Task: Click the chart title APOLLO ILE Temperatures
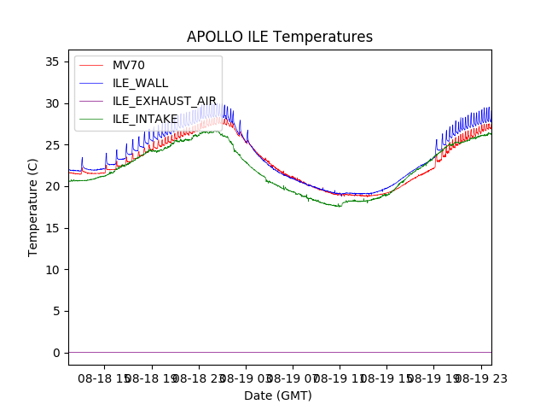(x=280, y=38)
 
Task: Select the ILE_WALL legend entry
(x=140, y=83)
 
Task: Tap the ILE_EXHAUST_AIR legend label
(x=165, y=101)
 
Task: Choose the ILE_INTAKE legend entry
(x=145, y=119)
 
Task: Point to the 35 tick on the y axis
(x=51, y=61)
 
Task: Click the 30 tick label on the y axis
(x=51, y=103)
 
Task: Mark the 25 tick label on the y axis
(x=51, y=145)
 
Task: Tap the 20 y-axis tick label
(x=51, y=186)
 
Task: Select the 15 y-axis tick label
(x=51, y=228)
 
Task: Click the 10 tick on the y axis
(x=51, y=270)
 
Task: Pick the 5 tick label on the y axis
(x=55, y=311)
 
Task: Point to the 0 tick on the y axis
(x=55, y=353)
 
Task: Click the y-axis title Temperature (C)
(x=33, y=207)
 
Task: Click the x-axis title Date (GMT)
(x=278, y=395)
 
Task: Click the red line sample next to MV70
(x=92, y=66)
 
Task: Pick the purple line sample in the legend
(x=92, y=101)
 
